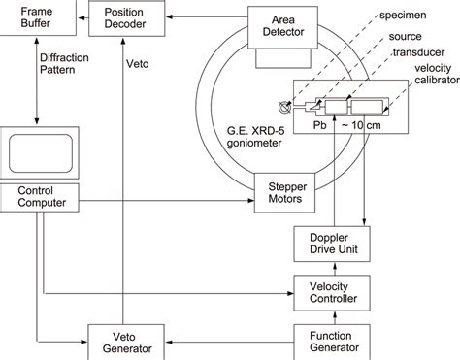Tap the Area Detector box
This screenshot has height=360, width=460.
click(283, 23)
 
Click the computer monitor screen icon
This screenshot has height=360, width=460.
click(38, 151)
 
